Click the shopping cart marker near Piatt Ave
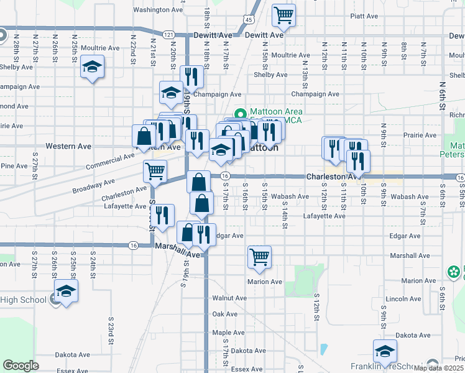pyautogui.click(x=284, y=15)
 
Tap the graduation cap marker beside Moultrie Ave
pyautogui.click(x=92, y=67)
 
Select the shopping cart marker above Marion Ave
pyautogui.click(x=259, y=257)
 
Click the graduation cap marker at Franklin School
pyautogui.click(x=385, y=351)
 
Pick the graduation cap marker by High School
pyautogui.click(x=65, y=291)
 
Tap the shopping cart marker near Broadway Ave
pyautogui.click(x=154, y=171)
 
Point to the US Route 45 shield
pyautogui.click(x=248, y=21)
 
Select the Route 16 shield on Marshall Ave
pyautogui.click(x=133, y=246)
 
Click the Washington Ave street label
pyautogui.click(x=158, y=10)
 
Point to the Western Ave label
pyautogui.click(x=68, y=147)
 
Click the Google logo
pyautogui.click(x=21, y=365)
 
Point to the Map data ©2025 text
pyautogui.click(x=439, y=368)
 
